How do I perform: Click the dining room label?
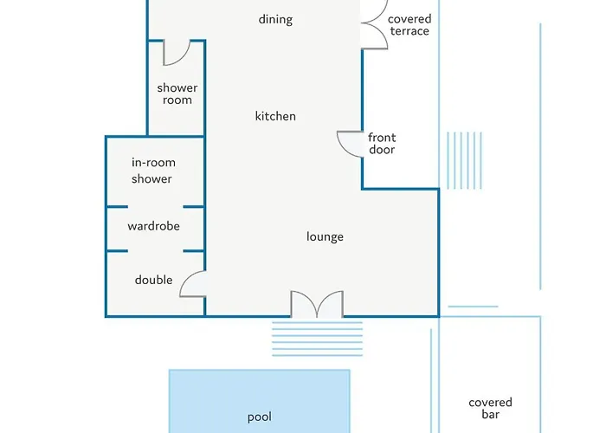tap(275, 19)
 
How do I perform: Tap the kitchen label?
tap(275, 116)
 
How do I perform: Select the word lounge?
tap(325, 236)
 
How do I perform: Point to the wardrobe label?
tap(153, 226)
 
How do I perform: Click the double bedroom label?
tap(153, 280)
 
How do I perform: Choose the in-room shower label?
tap(153, 171)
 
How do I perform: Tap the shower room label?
tap(177, 94)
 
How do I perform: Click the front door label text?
tap(382, 144)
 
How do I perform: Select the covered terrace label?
tap(409, 25)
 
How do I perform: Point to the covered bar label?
tap(490, 408)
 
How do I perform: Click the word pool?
tap(260, 417)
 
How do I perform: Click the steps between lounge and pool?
tap(318, 339)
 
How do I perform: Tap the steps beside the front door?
tap(464, 160)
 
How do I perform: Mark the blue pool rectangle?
tap(260, 401)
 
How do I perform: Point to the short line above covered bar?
tap(473, 307)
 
